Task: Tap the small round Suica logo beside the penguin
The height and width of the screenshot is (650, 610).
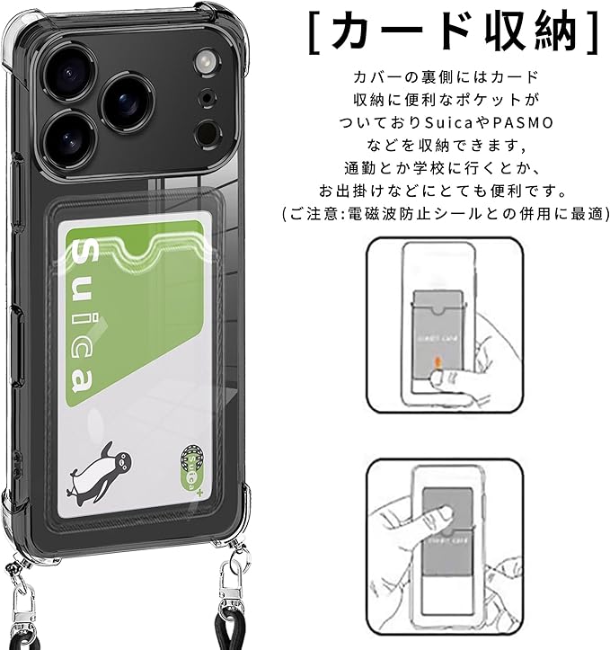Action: (x=192, y=467)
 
